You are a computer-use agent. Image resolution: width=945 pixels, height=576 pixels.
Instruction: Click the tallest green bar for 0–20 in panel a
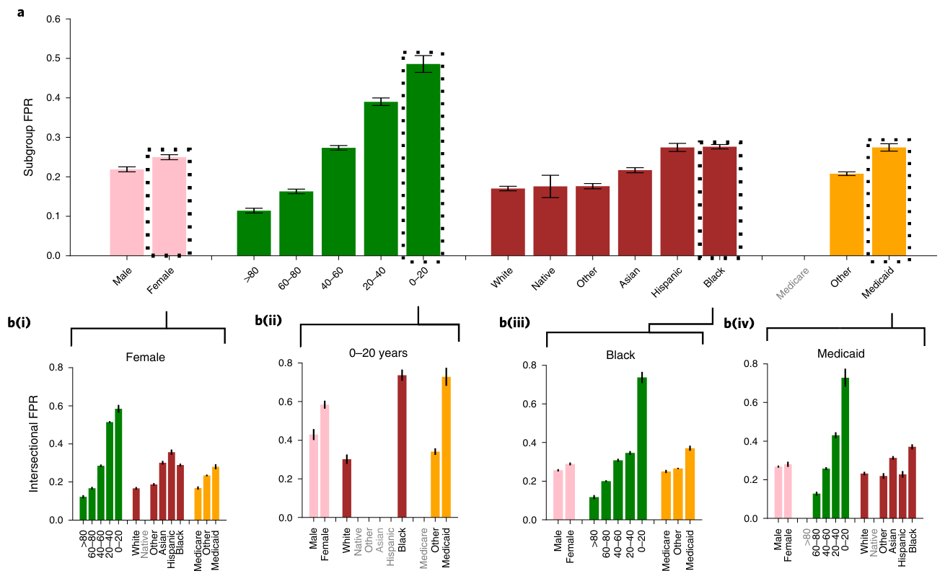(423, 159)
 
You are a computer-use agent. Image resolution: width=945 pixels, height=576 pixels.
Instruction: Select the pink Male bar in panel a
(127, 213)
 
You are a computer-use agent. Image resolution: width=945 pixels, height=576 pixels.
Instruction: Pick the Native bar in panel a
(550, 221)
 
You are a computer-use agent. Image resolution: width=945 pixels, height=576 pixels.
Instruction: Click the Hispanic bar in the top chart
(677, 201)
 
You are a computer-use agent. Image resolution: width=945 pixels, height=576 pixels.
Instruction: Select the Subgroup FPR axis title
(30, 137)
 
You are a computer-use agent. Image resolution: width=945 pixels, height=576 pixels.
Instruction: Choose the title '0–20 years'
(379, 353)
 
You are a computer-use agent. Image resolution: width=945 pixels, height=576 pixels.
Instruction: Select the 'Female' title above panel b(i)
(144, 356)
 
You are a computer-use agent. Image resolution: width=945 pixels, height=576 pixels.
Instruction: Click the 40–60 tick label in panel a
(332, 278)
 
